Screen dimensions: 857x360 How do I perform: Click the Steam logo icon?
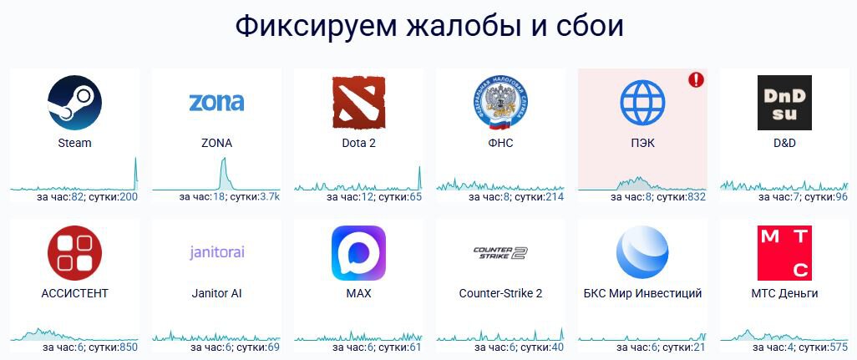[x=74, y=103]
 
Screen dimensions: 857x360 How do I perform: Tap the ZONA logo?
[x=216, y=102]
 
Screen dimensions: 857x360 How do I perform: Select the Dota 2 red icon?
[x=358, y=103]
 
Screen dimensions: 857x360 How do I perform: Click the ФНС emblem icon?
[x=500, y=103]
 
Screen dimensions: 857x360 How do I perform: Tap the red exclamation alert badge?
[x=696, y=79]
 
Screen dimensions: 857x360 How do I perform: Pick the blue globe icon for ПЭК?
[x=643, y=103]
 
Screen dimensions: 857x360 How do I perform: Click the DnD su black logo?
[x=784, y=103]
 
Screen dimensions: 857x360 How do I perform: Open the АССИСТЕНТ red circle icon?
[x=74, y=253]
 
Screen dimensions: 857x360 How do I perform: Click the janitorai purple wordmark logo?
[x=217, y=252]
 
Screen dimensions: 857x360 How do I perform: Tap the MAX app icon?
[x=358, y=253]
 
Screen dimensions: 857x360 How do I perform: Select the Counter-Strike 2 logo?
[x=500, y=252]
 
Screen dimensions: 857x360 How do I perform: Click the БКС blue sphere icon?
[x=642, y=253]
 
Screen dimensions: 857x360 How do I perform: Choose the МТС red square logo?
[x=784, y=253]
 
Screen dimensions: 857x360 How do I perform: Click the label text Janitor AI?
[x=216, y=293]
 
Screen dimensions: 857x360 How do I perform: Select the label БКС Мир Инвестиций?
[x=643, y=293]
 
